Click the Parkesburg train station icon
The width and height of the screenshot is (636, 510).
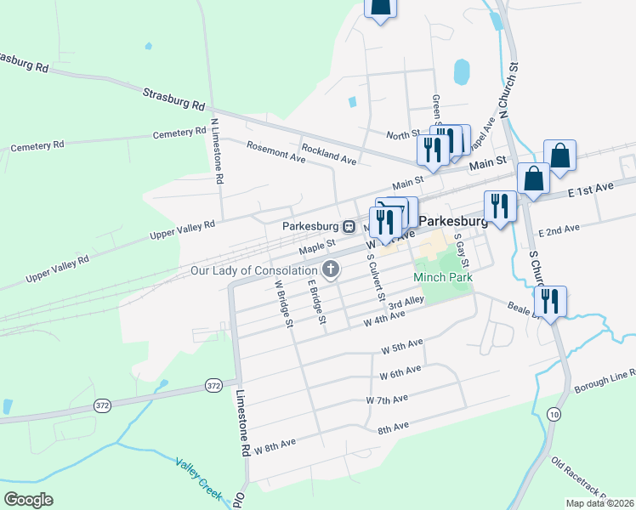coord(349,227)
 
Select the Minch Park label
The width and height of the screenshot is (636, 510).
coord(442,277)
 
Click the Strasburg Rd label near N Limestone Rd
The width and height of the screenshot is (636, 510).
coord(174,99)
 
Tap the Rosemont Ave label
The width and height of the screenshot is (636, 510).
coord(275,151)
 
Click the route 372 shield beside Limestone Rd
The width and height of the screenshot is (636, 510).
coord(213,386)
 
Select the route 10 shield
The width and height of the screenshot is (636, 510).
coord(554,414)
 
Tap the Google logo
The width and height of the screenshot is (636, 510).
coord(28,500)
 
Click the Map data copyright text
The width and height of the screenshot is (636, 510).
coord(599,503)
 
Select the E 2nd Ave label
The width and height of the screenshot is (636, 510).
coord(559,229)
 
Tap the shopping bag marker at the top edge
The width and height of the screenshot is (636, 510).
coord(381,5)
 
